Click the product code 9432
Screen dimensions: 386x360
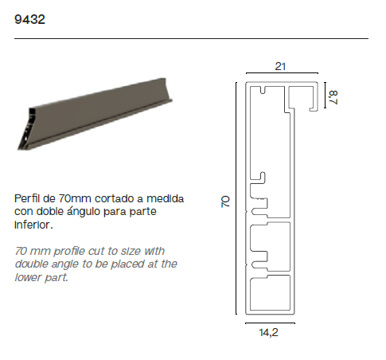[29, 19]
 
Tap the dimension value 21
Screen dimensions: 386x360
[280, 66]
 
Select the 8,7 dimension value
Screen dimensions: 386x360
[333, 97]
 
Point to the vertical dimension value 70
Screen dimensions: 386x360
[225, 202]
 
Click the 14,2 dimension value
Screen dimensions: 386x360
[269, 332]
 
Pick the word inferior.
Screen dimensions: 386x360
[33, 225]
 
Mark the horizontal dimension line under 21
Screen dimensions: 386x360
[282, 72]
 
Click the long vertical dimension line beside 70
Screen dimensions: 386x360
[236, 198]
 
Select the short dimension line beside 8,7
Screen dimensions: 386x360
[325, 96]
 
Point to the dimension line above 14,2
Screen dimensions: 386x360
[270, 323]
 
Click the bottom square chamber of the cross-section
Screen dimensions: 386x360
[271, 293]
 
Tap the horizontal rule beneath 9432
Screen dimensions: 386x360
[191, 38]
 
